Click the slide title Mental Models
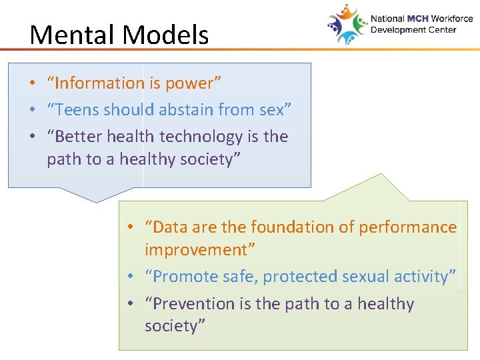click(119, 35)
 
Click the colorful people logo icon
click(347, 25)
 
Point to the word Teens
click(78, 110)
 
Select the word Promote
click(183, 277)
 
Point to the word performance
click(407, 227)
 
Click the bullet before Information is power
click(32, 84)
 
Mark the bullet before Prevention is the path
click(131, 305)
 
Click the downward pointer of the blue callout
click(97, 195)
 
